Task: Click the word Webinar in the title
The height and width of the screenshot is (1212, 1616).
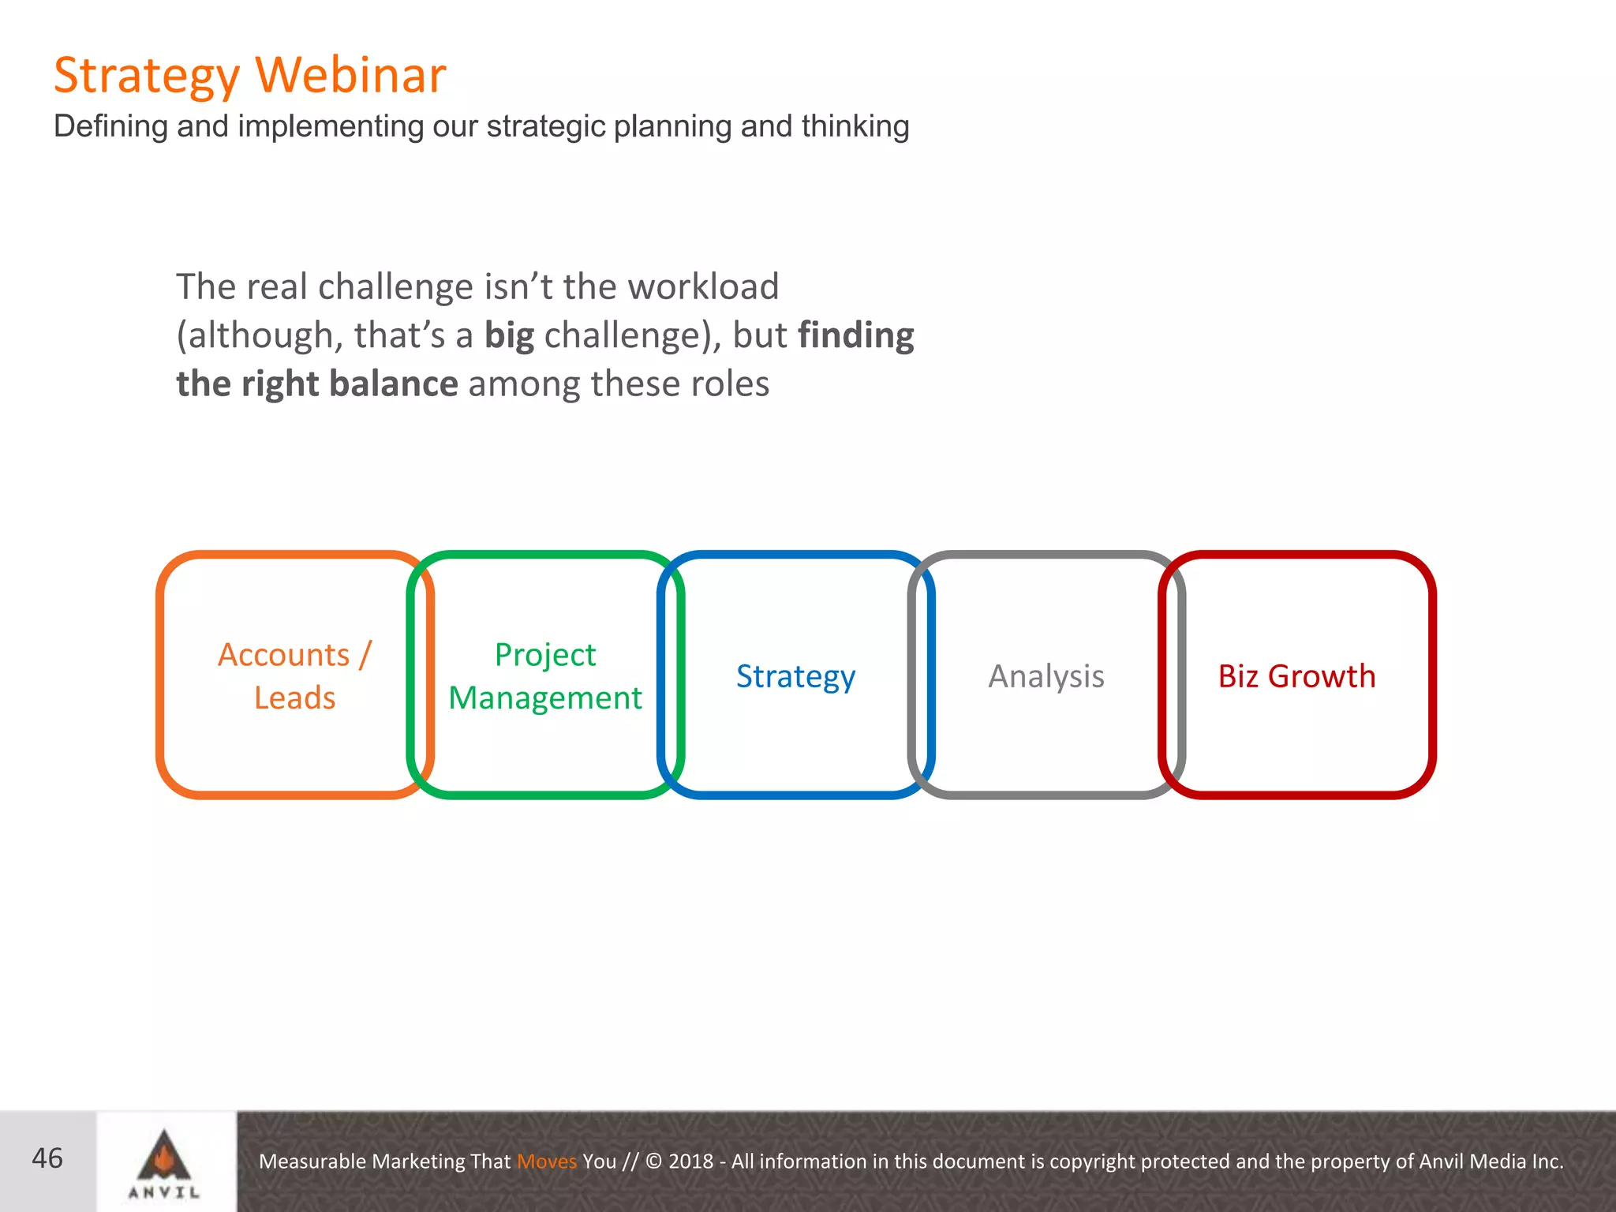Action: click(x=351, y=76)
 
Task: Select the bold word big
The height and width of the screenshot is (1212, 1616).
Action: click(x=509, y=335)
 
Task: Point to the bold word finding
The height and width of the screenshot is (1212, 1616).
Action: click(x=855, y=335)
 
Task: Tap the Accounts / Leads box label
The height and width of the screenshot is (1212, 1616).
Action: click(x=294, y=676)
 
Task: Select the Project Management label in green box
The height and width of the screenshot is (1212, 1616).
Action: click(x=545, y=676)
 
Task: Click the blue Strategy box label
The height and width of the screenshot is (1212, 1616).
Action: click(x=795, y=676)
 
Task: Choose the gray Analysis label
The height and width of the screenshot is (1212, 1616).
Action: click(x=1046, y=676)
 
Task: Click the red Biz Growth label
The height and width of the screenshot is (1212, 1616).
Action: click(x=1296, y=676)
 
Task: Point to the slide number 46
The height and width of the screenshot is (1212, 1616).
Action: click(x=47, y=1158)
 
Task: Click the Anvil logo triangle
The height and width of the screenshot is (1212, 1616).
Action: click(x=164, y=1156)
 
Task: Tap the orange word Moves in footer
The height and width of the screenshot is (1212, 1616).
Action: click(x=547, y=1161)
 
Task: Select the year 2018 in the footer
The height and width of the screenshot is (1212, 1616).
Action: click(x=690, y=1161)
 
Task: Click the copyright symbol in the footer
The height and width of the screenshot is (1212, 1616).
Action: click(x=654, y=1161)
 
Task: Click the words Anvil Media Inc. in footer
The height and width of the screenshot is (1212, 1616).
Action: click(x=1491, y=1161)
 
